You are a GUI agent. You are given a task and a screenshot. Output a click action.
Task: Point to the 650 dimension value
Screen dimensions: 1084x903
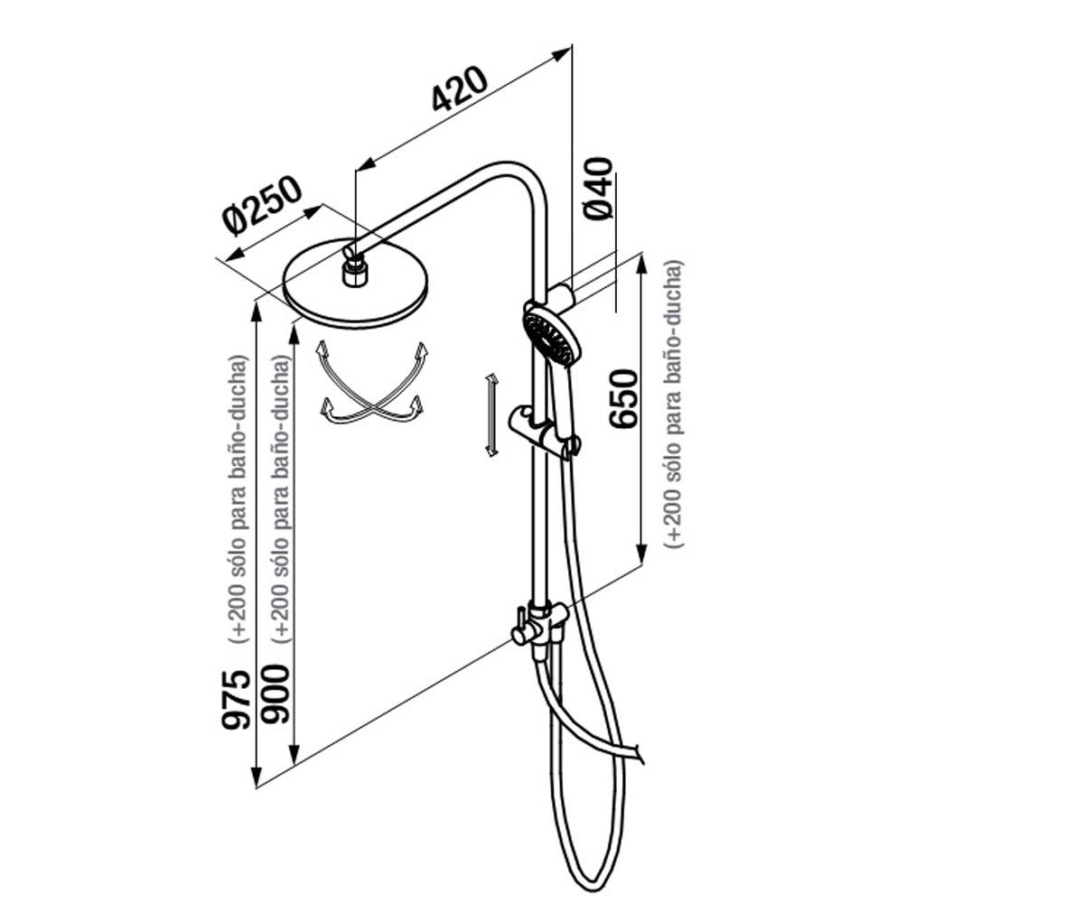[x=623, y=398]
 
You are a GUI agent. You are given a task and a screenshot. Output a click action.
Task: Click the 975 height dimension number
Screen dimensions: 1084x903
[x=236, y=699]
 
